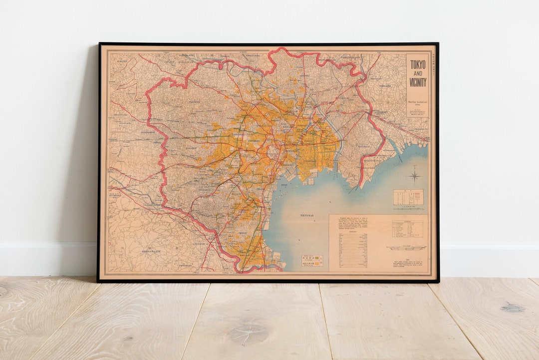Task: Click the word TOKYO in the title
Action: click(418, 64)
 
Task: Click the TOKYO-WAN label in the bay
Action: click(309, 215)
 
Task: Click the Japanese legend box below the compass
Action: click(408, 196)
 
